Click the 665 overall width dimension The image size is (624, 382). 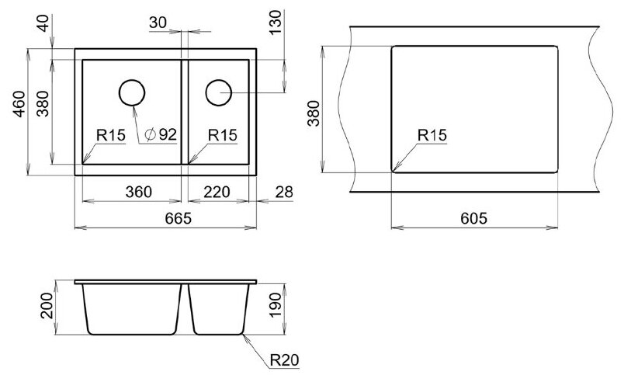tap(179, 218)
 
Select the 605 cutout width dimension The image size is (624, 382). tap(473, 218)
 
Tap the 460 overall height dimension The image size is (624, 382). tap(19, 104)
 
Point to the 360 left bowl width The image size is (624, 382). tap(138, 192)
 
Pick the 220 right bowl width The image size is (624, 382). tap(217, 192)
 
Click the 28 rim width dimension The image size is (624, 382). tap(284, 192)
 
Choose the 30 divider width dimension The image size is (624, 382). tap(158, 23)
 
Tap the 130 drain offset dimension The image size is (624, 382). tap(276, 23)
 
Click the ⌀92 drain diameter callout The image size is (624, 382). tap(161, 134)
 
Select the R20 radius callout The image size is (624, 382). tap(284, 359)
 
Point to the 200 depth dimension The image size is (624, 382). tap(47, 306)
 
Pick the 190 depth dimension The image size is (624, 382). tap(276, 306)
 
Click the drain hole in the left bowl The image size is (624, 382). tap(132, 92)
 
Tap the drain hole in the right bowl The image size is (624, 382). tap(219, 92)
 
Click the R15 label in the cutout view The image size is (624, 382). tap(432, 135)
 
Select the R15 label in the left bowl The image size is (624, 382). tap(111, 135)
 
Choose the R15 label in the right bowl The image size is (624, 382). tap(223, 135)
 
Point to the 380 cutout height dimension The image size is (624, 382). tap(314, 113)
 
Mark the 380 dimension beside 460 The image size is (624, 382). tap(43, 104)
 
